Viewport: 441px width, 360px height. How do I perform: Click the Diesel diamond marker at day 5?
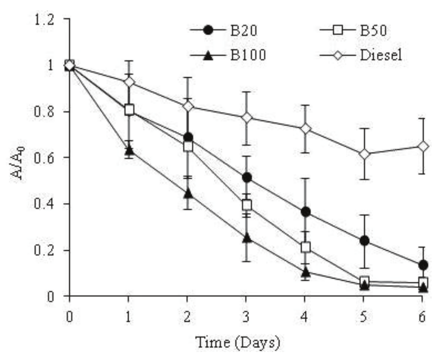pos(364,154)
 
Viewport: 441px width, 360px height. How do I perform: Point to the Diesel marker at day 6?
pos(423,147)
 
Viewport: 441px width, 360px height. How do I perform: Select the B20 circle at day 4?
pos(305,212)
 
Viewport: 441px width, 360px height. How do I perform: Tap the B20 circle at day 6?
pos(423,265)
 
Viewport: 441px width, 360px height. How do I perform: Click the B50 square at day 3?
pos(246,205)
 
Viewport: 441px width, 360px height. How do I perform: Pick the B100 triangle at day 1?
pos(129,150)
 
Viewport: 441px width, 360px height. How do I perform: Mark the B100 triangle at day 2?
pos(188,193)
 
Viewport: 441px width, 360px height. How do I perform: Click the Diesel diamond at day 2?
pos(188,106)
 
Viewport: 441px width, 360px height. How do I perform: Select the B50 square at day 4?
pos(305,247)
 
